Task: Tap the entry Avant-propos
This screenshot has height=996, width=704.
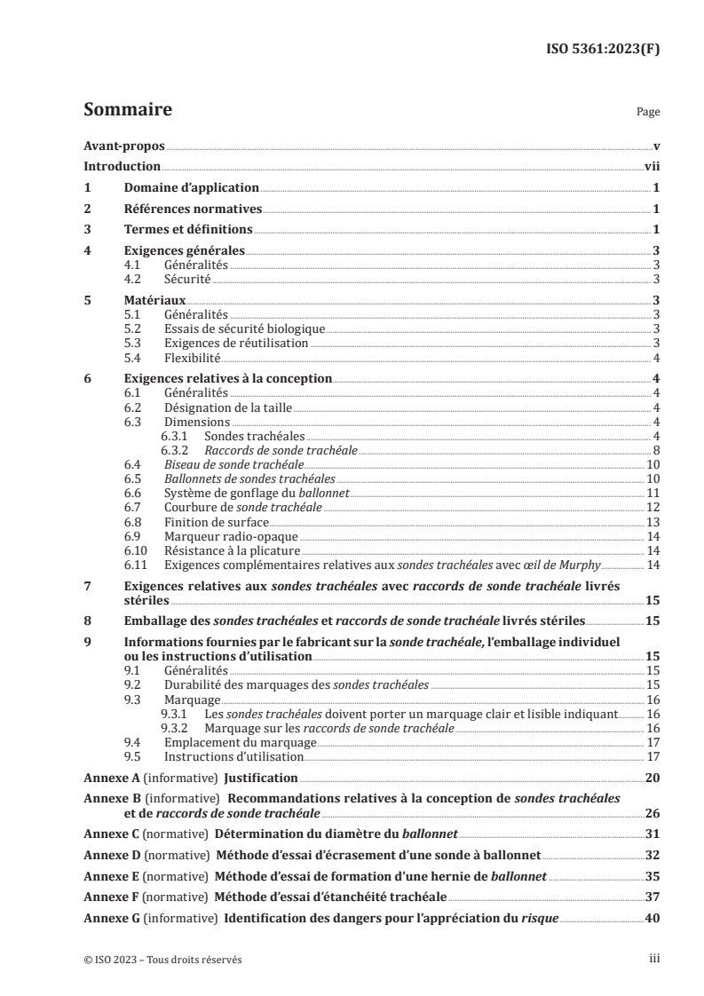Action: (x=123, y=145)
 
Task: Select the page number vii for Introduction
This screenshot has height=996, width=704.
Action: (x=651, y=166)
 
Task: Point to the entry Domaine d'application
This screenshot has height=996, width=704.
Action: (x=191, y=188)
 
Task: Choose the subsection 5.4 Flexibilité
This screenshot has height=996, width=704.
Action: (x=193, y=358)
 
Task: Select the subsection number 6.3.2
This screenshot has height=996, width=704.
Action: (x=178, y=451)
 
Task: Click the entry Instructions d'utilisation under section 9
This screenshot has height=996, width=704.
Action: (x=234, y=756)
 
